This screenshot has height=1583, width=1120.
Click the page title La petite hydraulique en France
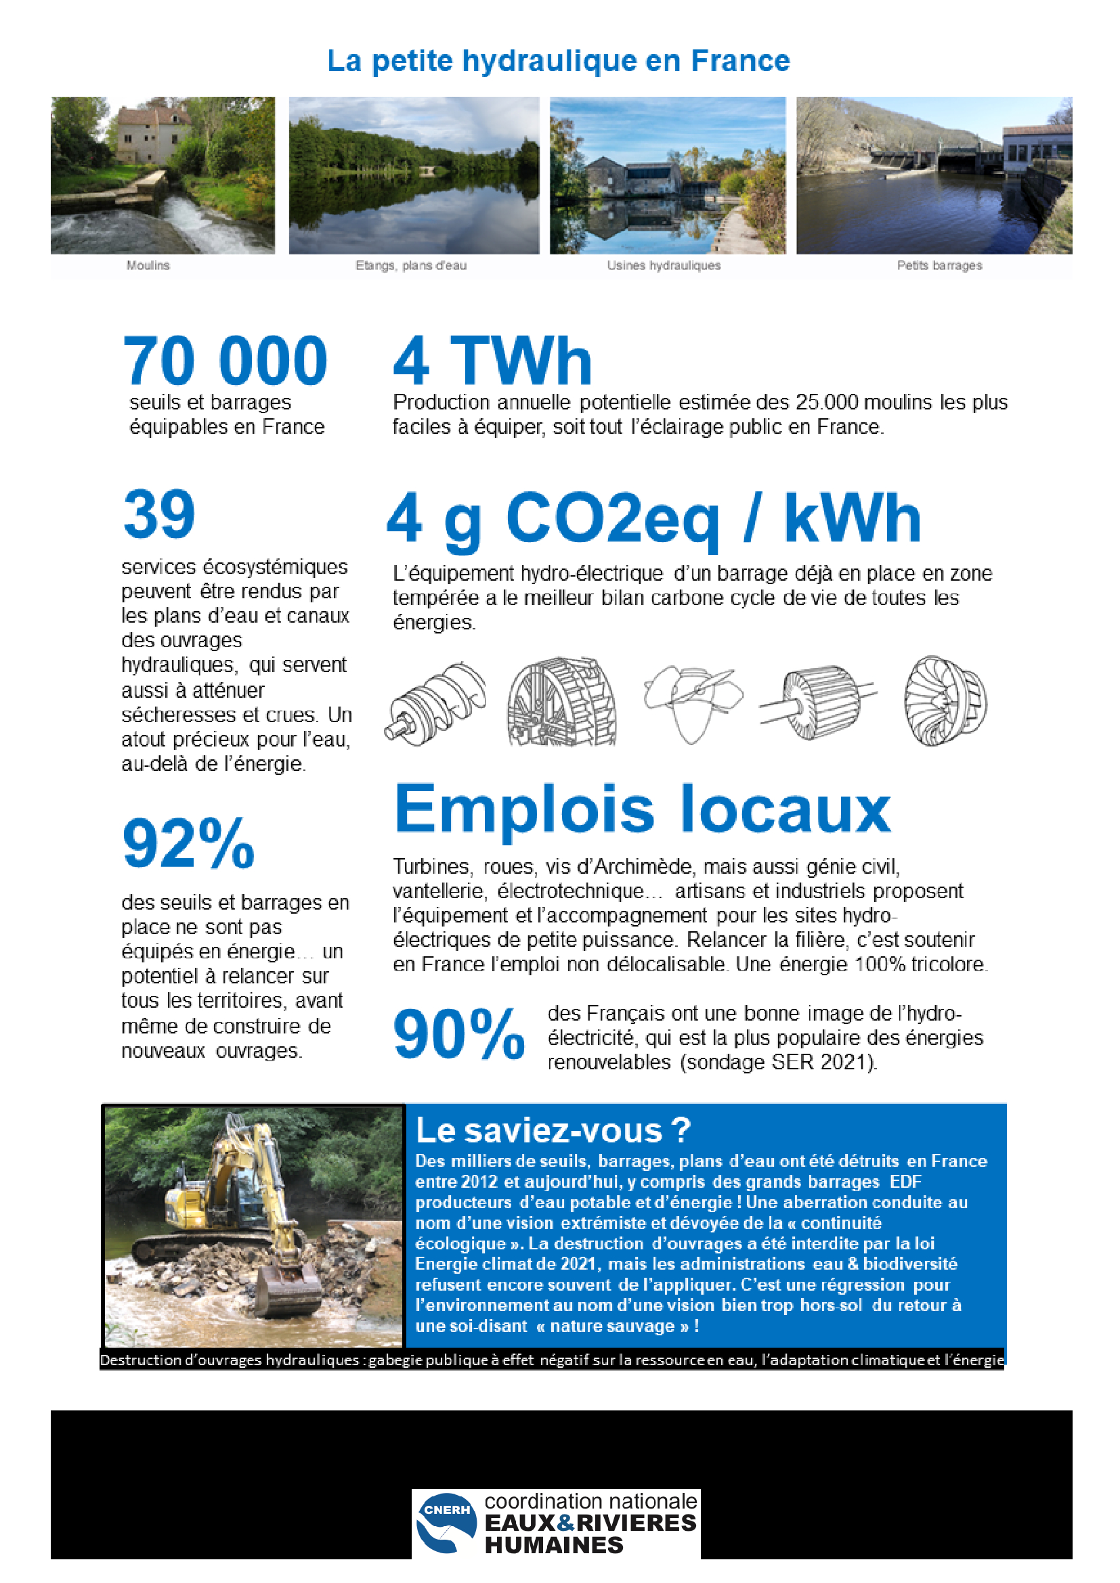(558, 61)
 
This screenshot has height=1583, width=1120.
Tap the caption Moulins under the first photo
(148, 265)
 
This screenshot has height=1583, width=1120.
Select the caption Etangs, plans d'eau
(411, 265)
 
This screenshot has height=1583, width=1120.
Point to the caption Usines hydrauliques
(664, 265)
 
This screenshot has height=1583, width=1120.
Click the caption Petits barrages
(939, 265)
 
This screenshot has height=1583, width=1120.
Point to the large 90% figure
(458, 1033)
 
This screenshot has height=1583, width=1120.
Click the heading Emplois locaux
(642, 809)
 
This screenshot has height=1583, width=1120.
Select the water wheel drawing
(562, 702)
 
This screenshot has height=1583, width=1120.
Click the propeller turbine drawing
(692, 700)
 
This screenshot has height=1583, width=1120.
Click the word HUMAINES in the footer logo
(554, 1545)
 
